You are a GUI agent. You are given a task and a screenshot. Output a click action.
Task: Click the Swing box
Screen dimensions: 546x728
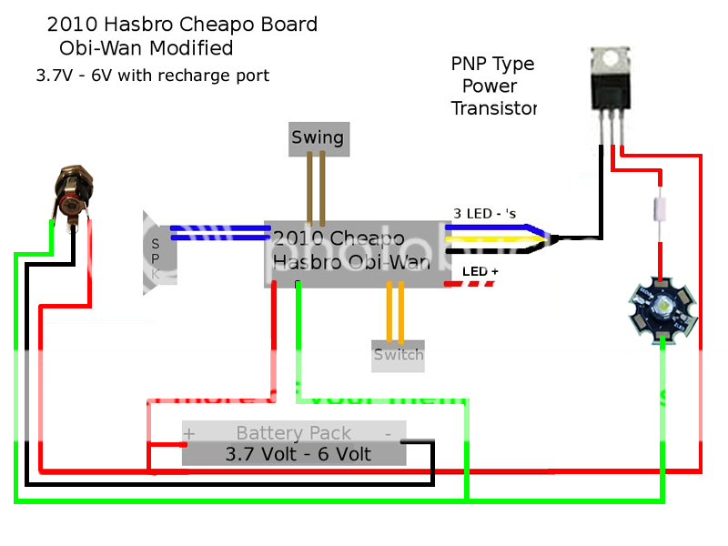point(318,137)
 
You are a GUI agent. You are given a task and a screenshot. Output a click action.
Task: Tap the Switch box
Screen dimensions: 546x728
point(398,354)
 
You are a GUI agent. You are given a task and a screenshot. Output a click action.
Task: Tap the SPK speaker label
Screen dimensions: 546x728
point(156,257)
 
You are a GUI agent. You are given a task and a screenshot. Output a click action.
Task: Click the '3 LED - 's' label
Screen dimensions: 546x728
point(484,214)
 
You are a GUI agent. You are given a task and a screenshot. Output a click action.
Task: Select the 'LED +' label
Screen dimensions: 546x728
point(480,271)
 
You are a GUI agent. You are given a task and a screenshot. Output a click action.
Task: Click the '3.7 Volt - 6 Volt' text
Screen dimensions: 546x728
point(298,453)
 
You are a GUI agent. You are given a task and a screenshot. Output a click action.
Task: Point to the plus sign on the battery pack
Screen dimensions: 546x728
point(190,433)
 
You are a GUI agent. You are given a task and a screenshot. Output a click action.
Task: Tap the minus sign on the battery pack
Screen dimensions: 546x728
point(388,433)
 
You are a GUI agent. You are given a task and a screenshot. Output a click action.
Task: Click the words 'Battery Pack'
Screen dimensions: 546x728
point(293,433)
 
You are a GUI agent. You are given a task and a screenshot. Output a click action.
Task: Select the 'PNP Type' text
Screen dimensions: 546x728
point(492,64)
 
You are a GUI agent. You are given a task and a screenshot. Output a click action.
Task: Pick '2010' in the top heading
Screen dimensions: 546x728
point(76,25)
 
